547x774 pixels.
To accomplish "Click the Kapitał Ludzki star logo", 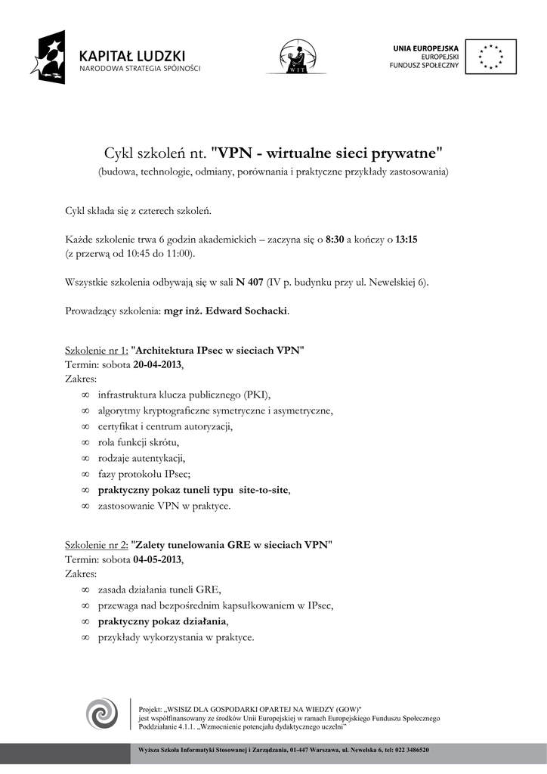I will coord(48,57).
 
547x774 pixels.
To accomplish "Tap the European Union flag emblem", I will coord(491,57).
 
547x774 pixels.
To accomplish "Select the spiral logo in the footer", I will coord(101,714).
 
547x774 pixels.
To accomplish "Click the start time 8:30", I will coord(335,240).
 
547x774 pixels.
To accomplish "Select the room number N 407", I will coord(249,283).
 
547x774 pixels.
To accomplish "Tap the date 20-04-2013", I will coord(158,364).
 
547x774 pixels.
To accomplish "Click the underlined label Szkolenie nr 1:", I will coord(97,351).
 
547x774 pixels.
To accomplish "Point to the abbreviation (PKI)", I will coord(257,395).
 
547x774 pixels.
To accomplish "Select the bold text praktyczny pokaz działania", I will coord(162,621).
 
